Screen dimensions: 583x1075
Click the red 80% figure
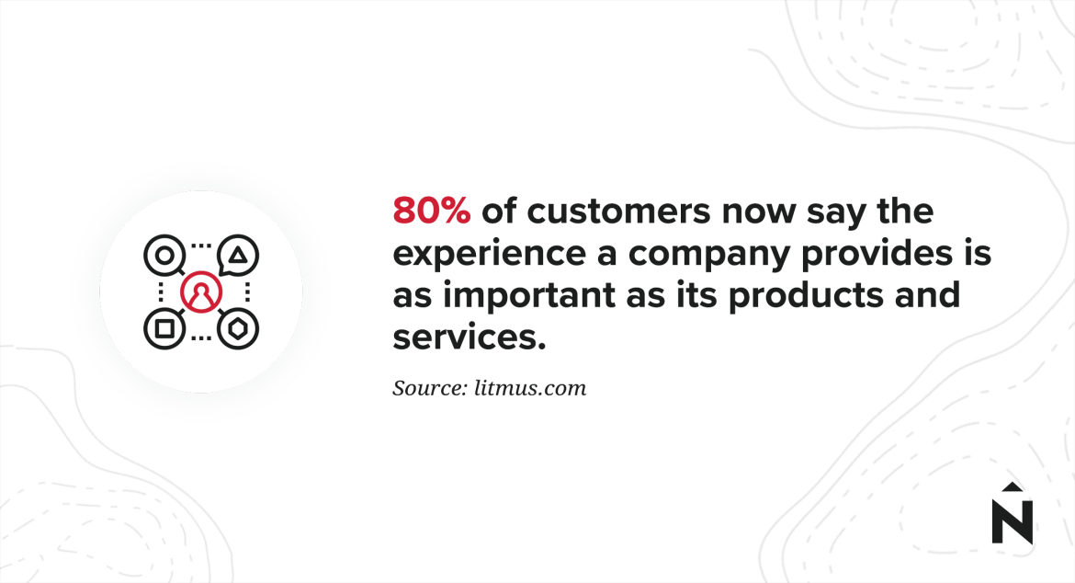coord(432,211)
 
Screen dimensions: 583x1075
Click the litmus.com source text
coord(530,388)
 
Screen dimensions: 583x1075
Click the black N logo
coord(1013,520)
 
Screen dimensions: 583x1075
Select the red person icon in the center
coord(201,291)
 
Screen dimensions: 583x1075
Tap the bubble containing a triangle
coord(238,255)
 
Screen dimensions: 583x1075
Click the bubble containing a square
coord(164,328)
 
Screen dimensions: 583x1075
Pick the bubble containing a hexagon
coord(238,328)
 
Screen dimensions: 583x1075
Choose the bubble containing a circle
coord(164,255)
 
